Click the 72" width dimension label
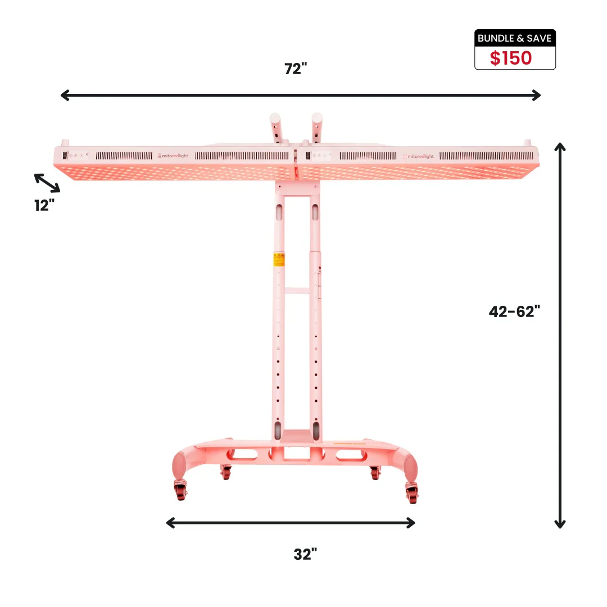point(296,69)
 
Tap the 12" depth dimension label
point(44,205)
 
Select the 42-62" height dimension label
point(514,311)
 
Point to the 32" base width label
point(305,554)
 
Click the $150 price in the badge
point(510,58)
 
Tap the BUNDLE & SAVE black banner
point(515,38)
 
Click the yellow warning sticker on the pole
point(279,259)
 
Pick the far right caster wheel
point(413,493)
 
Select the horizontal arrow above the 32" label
point(291,523)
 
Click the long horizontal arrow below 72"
point(300,95)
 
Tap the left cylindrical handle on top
point(275,126)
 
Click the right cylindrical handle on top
point(316,126)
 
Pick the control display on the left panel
point(65,156)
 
